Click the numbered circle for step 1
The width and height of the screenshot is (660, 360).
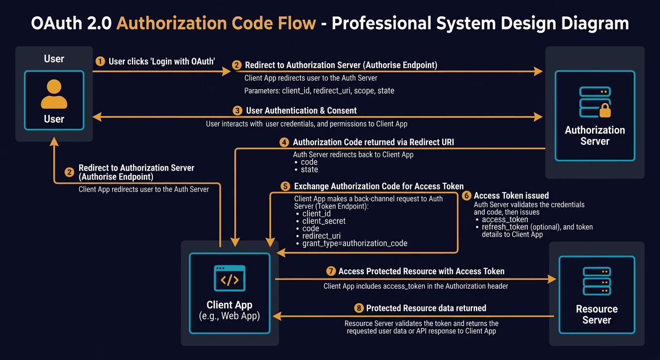pos(99,61)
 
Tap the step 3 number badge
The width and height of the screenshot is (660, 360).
pos(237,111)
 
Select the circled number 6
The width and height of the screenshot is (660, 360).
pos(466,195)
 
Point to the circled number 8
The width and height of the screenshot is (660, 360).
pos(359,308)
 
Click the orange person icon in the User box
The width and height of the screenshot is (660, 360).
pos(54,94)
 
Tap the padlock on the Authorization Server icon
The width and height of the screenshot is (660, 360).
pos(605,111)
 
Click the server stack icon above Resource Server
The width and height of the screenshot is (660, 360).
pos(596,281)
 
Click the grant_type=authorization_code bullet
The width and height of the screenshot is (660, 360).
pos(355,243)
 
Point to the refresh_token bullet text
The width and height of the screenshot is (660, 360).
pos(537,227)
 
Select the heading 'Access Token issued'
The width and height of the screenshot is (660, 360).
pos(511,195)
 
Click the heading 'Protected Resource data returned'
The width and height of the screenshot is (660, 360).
pos(426,308)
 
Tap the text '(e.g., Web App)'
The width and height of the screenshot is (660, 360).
pos(229,316)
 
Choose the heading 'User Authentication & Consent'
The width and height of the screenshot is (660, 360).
pos(301,111)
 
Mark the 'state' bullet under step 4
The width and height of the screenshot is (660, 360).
pos(309,169)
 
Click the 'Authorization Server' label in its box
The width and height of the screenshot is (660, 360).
pos(595,135)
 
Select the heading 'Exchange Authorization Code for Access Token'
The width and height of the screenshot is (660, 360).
pos(379,186)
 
